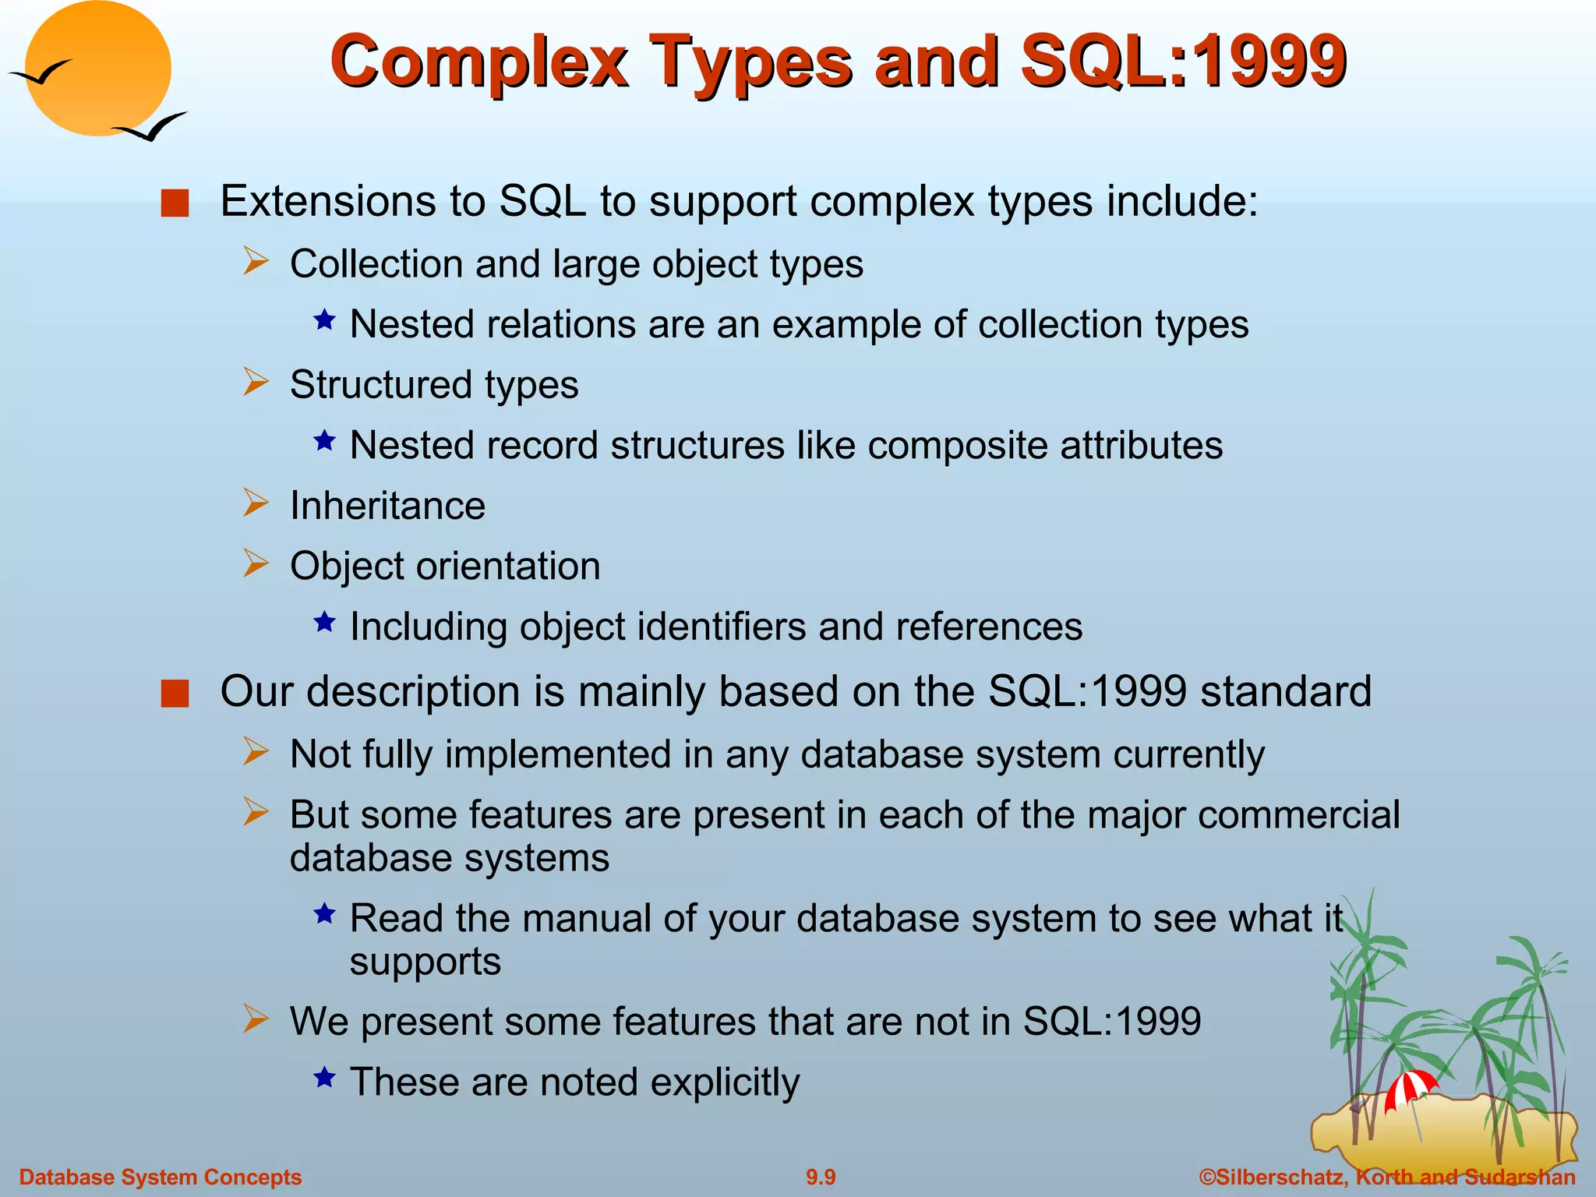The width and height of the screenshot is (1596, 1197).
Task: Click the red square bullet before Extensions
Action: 175,203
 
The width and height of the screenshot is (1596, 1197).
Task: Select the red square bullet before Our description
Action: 175,694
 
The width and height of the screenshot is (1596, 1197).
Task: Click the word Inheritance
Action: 387,506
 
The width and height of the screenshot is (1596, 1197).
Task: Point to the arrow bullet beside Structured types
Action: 255,383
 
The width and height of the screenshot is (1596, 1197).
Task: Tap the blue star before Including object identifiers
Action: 324,622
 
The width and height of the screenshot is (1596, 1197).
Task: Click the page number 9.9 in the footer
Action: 821,1177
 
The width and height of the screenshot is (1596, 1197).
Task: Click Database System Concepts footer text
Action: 160,1177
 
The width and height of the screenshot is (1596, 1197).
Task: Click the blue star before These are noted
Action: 324,1078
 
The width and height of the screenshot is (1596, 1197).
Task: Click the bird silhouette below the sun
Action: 152,127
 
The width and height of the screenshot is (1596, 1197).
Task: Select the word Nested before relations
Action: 411,324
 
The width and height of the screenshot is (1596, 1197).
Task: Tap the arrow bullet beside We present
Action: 255,1019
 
